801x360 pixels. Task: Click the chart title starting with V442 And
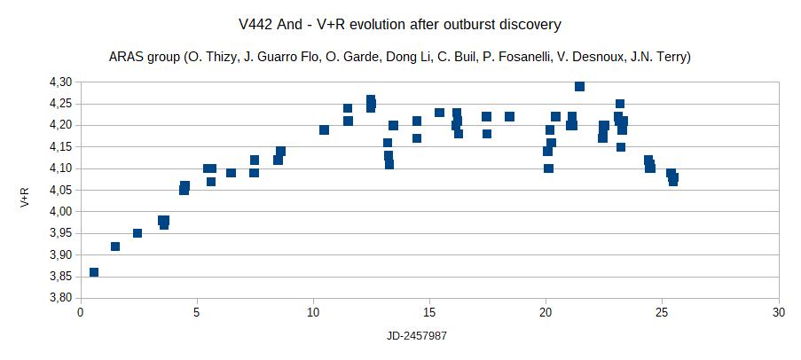pyautogui.click(x=400, y=23)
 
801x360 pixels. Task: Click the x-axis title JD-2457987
pyautogui.click(x=429, y=338)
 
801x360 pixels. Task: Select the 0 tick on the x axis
pyautogui.click(x=81, y=312)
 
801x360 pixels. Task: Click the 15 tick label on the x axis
pyautogui.click(x=429, y=312)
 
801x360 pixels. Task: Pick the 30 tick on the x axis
pyautogui.click(x=778, y=312)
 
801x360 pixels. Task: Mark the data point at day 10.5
pyautogui.click(x=325, y=130)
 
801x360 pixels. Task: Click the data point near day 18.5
pyautogui.click(x=509, y=117)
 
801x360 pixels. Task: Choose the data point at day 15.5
pyautogui.click(x=439, y=113)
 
